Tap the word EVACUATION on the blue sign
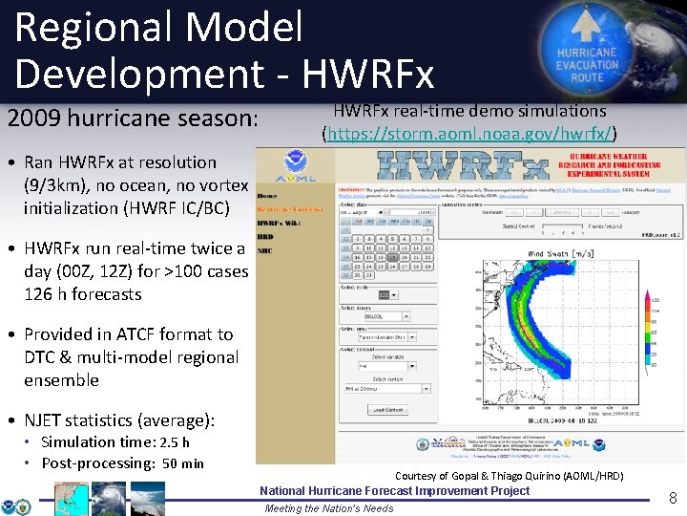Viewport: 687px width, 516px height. (x=587, y=65)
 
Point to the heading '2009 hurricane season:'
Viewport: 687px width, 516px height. (x=132, y=119)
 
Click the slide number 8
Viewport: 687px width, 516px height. (x=672, y=497)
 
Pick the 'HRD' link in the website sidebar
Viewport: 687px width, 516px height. (x=266, y=237)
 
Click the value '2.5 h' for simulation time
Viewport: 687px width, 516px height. (x=174, y=442)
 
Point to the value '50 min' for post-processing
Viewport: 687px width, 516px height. (x=183, y=463)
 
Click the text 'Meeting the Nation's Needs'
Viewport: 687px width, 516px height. (x=328, y=508)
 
